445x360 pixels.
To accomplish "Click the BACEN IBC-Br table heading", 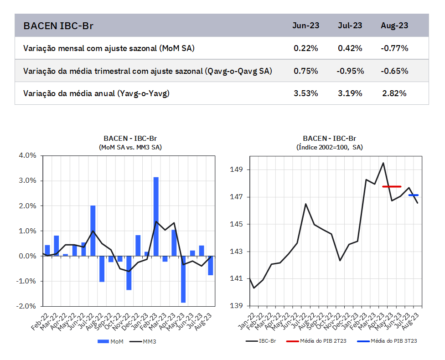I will click(58, 26).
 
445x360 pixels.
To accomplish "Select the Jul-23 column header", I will click(350, 26).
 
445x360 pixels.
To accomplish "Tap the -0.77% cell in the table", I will click(394, 48).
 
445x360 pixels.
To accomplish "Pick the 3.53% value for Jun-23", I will click(305, 93).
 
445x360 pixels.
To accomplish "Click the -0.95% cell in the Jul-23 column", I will click(350, 71).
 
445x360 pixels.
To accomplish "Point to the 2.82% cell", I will click(394, 93).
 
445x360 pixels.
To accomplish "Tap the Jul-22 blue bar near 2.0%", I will click(93, 230).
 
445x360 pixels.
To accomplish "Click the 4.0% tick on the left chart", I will click(27, 155).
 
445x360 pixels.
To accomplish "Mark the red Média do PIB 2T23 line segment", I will click(392, 186).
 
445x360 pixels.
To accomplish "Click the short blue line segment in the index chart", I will click(414, 195).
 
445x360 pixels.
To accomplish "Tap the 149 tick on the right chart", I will click(238, 170).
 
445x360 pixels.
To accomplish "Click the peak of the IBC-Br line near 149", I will click(383, 163).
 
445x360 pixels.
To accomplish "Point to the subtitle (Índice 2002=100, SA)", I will click(330, 147).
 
